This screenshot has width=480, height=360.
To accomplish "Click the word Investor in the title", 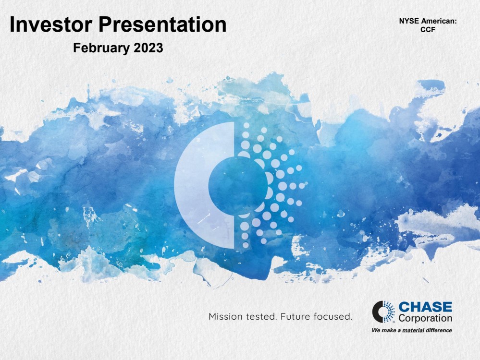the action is (51, 24).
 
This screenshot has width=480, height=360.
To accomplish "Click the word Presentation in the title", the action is (162, 24).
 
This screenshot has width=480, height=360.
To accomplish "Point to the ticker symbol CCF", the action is (428, 30).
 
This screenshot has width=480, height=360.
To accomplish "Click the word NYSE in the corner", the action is (409, 21).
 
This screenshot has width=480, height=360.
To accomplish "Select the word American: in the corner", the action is (439, 21).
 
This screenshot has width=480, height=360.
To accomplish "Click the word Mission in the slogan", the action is (226, 316).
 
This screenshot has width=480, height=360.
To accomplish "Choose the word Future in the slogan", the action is (295, 316).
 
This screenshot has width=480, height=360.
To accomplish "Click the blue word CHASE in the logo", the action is (426, 307).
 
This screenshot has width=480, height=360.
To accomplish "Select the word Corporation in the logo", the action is (426, 318).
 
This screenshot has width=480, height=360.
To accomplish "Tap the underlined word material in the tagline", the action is (413, 330).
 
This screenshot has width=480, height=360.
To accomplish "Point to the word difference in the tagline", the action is (439, 330).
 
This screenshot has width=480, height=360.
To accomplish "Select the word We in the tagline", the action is (376, 330).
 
